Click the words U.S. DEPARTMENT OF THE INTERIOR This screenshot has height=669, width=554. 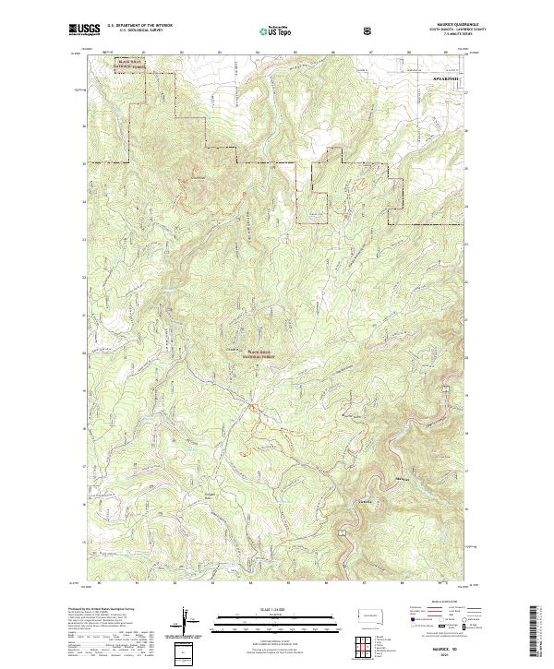click(x=141, y=26)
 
